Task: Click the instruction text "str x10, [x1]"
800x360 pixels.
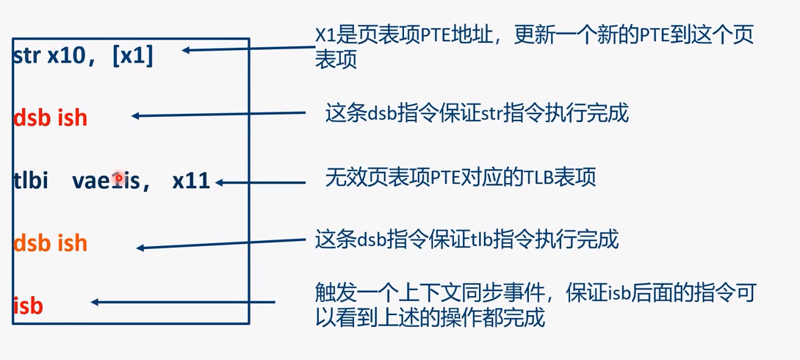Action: [x=83, y=56]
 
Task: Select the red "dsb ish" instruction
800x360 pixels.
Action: [x=50, y=118]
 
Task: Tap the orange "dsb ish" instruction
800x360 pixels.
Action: [x=50, y=242]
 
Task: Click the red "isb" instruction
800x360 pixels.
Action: [x=28, y=305]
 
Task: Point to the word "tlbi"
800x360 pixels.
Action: [x=31, y=181]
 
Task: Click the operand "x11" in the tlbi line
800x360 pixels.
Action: [x=191, y=181]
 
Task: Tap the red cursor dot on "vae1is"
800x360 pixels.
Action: [x=118, y=177]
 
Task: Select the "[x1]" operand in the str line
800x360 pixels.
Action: [x=133, y=56]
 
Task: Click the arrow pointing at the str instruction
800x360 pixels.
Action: [x=242, y=49]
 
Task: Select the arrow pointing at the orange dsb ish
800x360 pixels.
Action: [x=220, y=245]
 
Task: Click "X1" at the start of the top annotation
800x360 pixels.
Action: [x=325, y=34]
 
